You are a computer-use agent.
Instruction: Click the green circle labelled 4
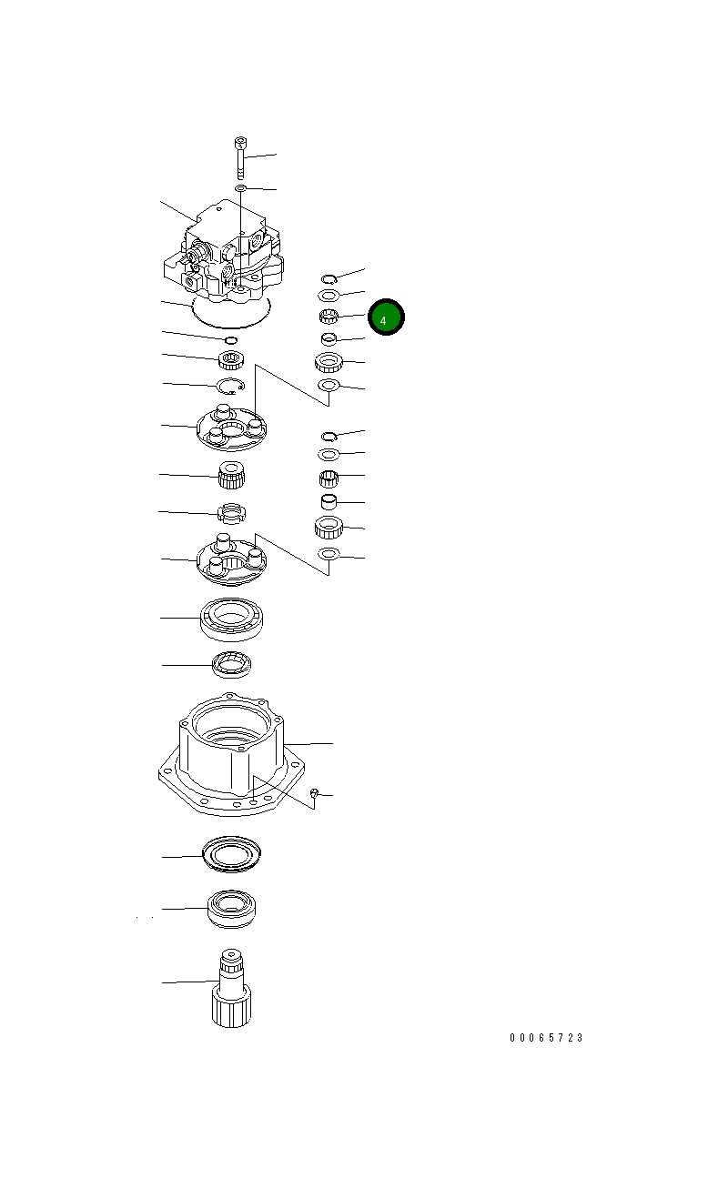[x=385, y=317]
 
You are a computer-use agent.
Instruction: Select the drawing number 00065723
[x=546, y=1038]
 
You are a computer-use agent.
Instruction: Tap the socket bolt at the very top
[x=240, y=157]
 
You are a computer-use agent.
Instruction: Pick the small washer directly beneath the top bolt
[x=240, y=187]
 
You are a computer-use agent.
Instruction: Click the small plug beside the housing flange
[x=313, y=794]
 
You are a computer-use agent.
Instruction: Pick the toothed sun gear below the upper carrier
[x=231, y=475]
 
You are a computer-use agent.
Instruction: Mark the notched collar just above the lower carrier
[x=231, y=514]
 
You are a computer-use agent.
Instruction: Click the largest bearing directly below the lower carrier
[x=231, y=619]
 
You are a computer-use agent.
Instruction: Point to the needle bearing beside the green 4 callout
[x=329, y=317]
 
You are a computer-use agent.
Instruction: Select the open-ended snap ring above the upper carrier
[x=230, y=386]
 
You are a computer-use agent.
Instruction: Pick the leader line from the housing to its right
[x=310, y=744]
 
